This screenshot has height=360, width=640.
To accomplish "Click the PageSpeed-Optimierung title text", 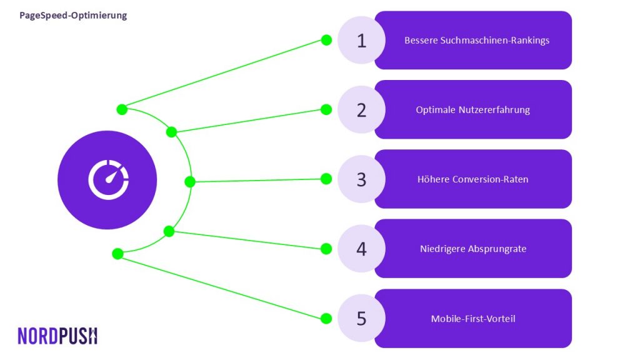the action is (73, 16).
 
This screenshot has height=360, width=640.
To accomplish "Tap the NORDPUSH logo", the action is (57, 336).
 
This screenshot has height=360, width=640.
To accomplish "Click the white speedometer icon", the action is (109, 179).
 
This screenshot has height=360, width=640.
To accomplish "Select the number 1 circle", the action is (361, 40).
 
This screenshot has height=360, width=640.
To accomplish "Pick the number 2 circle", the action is (361, 109).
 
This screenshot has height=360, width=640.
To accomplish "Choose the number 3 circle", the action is (361, 179).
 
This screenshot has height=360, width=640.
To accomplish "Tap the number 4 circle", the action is (361, 249).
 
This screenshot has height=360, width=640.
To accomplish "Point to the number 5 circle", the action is (361, 318).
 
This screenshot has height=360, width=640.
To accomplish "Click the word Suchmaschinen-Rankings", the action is (495, 41).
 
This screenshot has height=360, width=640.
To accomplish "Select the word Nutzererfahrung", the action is (494, 110).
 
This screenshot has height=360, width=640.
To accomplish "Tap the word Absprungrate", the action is (497, 249).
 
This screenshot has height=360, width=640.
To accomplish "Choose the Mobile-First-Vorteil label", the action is (473, 319).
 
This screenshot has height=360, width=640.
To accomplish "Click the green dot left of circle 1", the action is (326, 40).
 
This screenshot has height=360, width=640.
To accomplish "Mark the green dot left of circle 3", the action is (326, 179).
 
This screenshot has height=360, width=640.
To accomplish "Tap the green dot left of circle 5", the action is (326, 318).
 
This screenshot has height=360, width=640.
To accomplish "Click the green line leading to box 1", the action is (224, 75).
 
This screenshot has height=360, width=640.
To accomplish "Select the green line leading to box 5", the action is (222, 286).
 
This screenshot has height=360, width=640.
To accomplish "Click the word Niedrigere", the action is (442, 249).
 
